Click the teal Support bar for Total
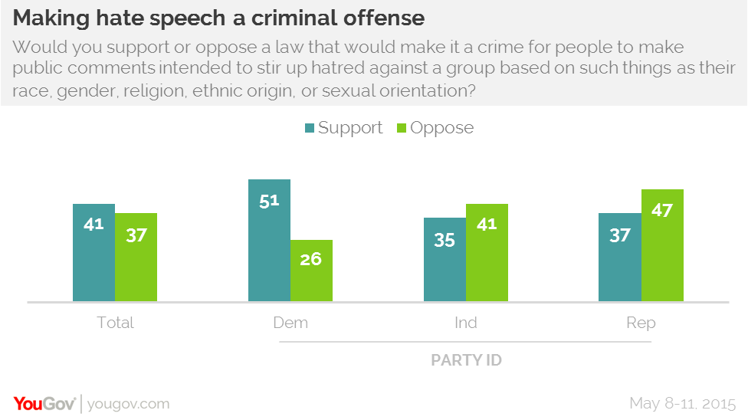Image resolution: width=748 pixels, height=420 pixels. pos(93,252)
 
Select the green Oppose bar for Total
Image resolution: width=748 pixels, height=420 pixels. pos(136,257)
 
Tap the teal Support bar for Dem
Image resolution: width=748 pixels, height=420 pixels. pos(269,240)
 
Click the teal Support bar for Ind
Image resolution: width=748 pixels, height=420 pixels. pos(445,259)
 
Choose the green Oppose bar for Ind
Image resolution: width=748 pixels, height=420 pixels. pos(487,252)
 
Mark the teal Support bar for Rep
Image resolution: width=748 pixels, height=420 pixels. pos(619,257)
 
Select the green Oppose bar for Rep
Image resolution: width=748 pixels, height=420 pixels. pos(662,245)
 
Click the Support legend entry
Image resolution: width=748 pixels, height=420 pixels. pos(343,128)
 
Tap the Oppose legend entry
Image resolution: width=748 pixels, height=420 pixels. pos(434,128)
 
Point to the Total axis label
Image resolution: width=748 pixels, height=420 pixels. pos(115,323)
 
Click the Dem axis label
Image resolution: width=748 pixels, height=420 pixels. pos(290,323)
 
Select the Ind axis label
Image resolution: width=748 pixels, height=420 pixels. pos(465,323)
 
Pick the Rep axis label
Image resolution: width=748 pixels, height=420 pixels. pos(641,323)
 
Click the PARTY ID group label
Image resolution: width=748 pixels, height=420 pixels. pos(466,359)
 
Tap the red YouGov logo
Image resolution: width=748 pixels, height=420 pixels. pos(44,403)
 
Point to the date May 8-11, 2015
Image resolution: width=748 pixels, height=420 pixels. pos(683,403)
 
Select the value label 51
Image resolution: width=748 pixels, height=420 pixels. pos(269,202)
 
